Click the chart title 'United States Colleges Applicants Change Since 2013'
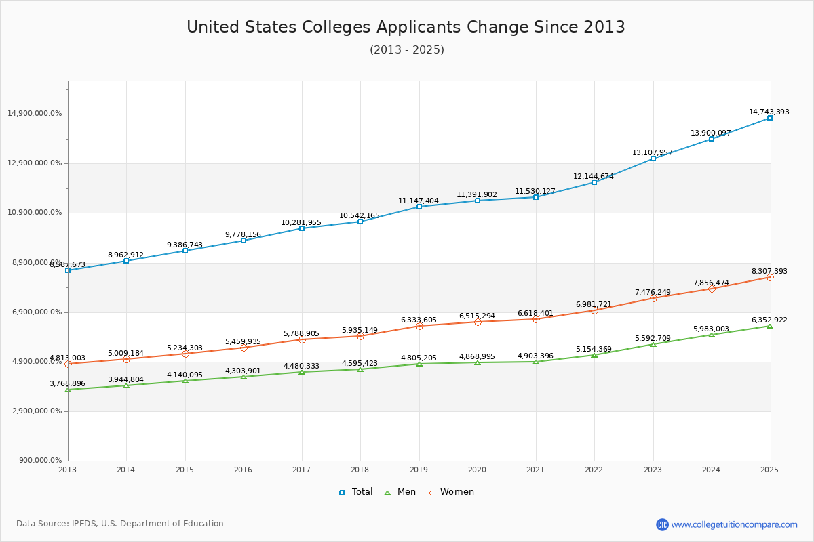406,27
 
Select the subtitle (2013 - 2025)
406,50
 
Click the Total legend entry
356,492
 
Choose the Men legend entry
400,492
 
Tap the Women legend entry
450,492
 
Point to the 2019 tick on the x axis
419,469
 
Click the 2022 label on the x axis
594,469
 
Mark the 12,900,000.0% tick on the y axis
35,163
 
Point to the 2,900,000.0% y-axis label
35,411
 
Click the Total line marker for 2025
770,118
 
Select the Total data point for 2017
302,228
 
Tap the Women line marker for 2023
653,298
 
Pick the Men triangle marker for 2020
478,362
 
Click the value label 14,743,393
769,112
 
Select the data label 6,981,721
594,305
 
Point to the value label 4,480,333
301,367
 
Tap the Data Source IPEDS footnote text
120,524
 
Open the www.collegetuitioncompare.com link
734,524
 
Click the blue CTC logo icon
662,524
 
